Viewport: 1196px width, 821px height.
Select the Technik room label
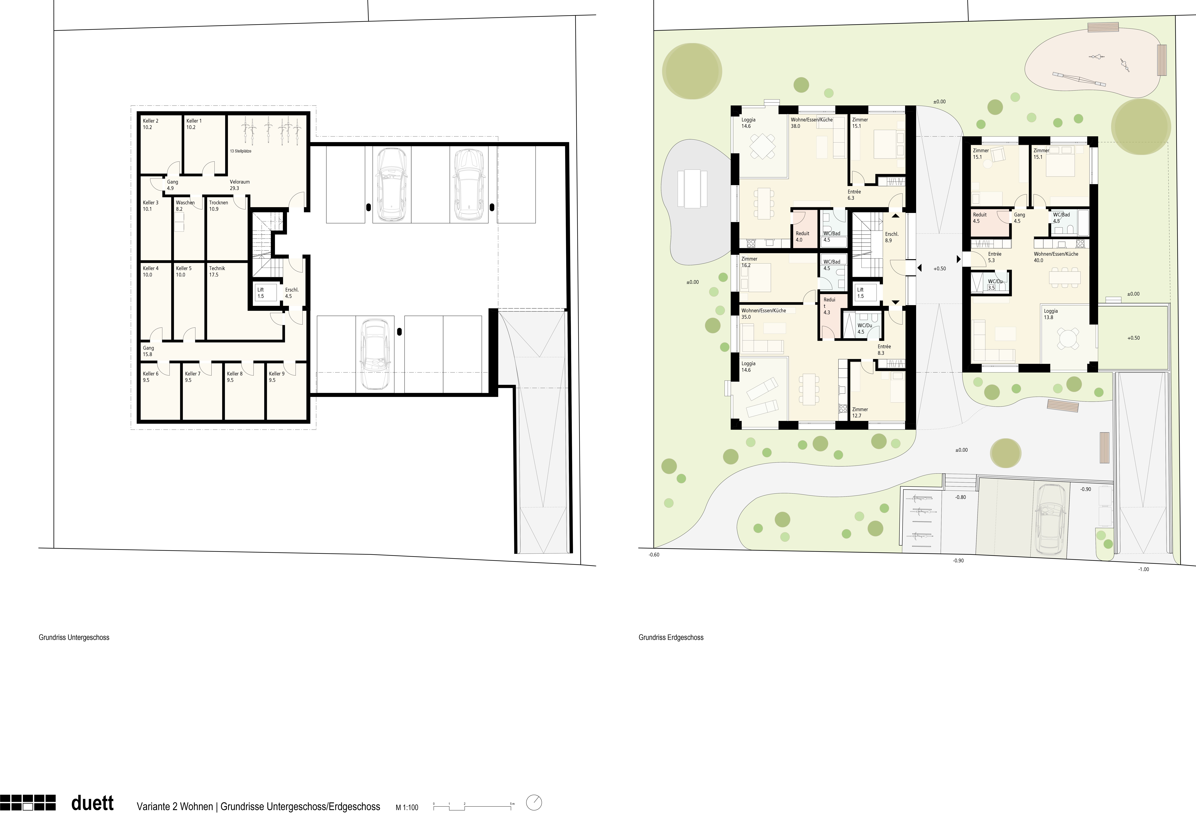(217, 271)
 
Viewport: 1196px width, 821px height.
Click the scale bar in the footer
(474, 806)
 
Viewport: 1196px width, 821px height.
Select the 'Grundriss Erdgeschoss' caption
(671, 637)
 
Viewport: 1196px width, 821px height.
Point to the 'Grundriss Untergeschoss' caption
(74, 637)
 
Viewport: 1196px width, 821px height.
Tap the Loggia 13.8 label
(1051, 314)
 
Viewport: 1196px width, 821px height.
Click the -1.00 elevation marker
(1144, 569)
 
